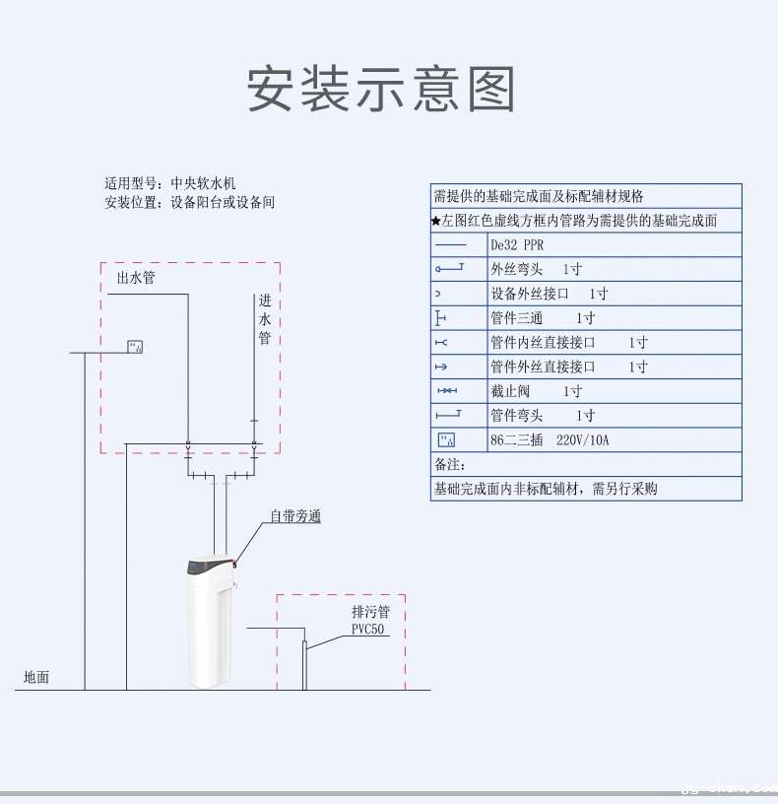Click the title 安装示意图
click(381, 90)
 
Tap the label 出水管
click(136, 278)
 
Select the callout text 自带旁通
click(296, 515)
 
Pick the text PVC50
click(367, 630)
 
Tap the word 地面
click(36, 677)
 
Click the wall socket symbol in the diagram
click(137, 345)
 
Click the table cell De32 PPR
click(517, 245)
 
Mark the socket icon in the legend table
click(447, 439)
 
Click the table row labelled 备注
click(450, 464)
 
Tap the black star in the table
click(435, 221)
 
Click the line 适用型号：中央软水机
click(170, 183)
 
